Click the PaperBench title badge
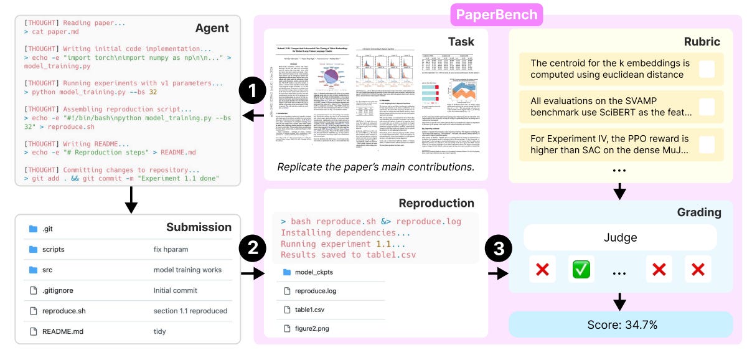(497, 14)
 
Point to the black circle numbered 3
(498, 250)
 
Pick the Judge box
(620, 237)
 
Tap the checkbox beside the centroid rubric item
(707, 69)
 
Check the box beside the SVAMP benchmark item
(707, 107)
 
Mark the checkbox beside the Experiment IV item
(707, 144)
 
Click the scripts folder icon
(33, 250)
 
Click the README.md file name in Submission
(62, 331)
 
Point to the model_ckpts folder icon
(287, 272)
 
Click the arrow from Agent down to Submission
(131, 199)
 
